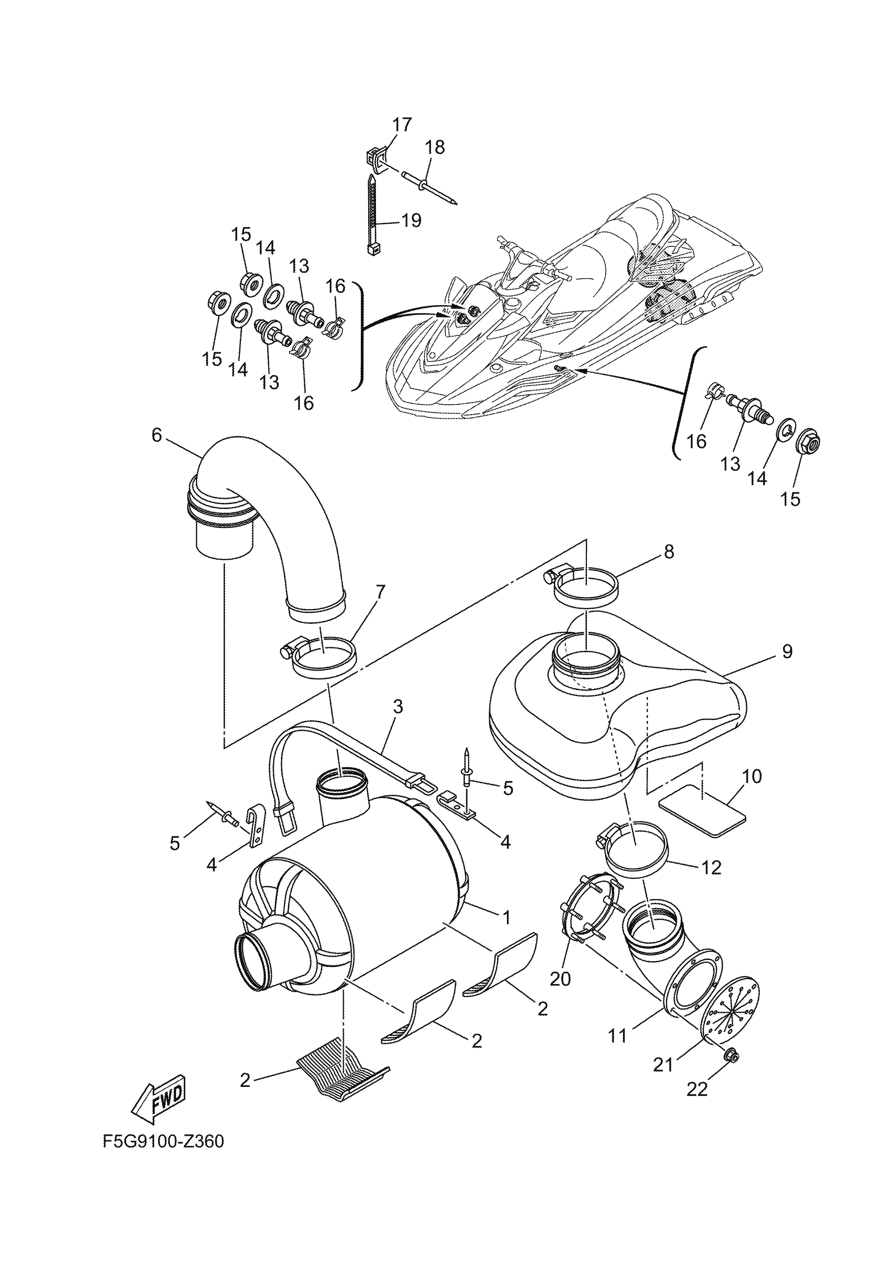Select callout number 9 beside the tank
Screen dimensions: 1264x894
click(x=787, y=652)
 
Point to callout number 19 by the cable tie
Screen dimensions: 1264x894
click(x=411, y=221)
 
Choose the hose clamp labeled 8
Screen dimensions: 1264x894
click(x=584, y=588)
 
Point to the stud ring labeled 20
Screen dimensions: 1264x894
click(x=590, y=908)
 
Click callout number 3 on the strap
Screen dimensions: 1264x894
click(x=398, y=707)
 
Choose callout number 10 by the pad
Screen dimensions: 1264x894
click(x=752, y=777)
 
